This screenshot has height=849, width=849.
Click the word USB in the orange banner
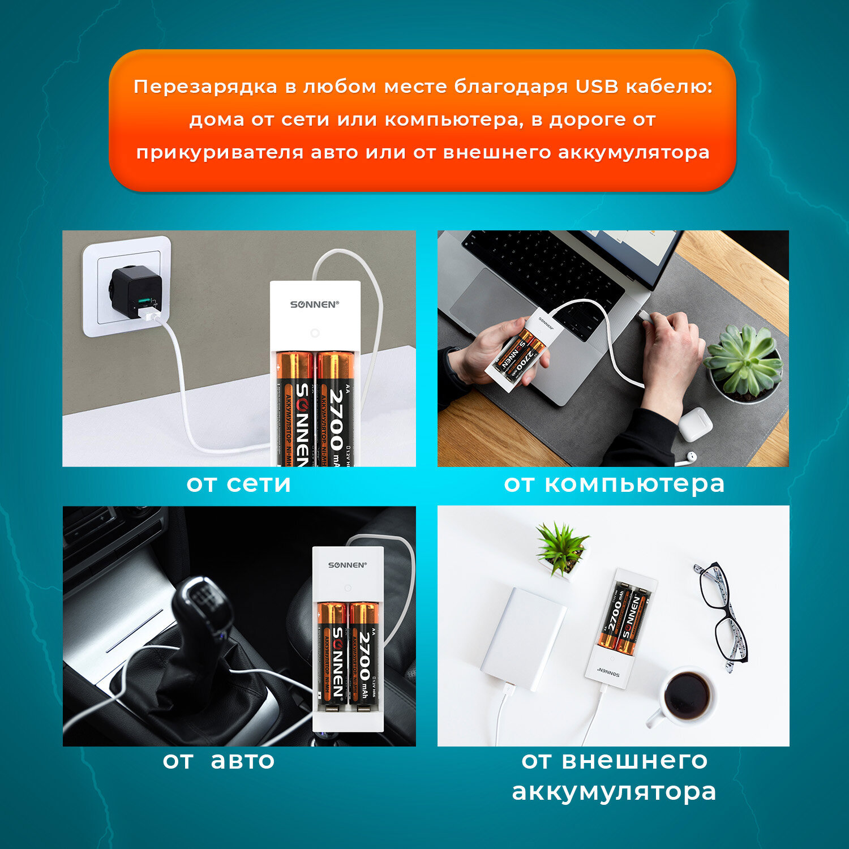pos(597,87)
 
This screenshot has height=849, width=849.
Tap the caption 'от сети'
pos(238,483)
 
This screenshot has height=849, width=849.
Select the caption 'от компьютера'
pos(614,483)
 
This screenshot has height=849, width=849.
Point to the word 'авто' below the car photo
pos(242,760)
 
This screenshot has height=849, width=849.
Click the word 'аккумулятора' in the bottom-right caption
pos(614,791)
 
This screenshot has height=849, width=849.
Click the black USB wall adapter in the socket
pos(136,291)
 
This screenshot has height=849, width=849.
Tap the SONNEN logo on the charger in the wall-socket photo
pos(314,305)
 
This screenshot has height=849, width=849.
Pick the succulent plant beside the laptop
pos(743,359)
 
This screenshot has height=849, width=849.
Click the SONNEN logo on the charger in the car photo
pos(348,565)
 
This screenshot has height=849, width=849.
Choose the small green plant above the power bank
pos(561,547)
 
